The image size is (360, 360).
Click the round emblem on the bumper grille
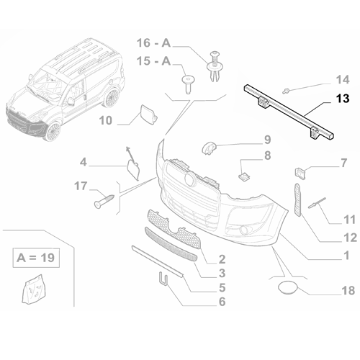[x=188, y=177]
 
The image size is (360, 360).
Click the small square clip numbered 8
[x=243, y=174]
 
